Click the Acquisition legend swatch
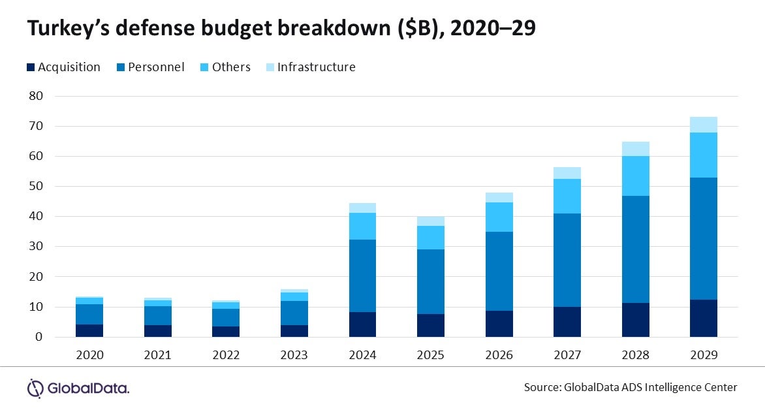pos(31,67)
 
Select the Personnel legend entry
pos(155,67)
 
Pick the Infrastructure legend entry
pos(316,67)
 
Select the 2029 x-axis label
pos(703,355)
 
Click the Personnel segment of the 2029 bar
pos(703,238)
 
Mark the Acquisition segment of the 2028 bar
pos(635,320)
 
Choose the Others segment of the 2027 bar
pos(567,196)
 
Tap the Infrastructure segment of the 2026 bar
pos(499,197)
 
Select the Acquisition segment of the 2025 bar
pos(430,325)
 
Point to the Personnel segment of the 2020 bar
pos(89,314)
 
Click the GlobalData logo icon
pos(35,388)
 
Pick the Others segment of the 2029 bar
pos(703,155)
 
